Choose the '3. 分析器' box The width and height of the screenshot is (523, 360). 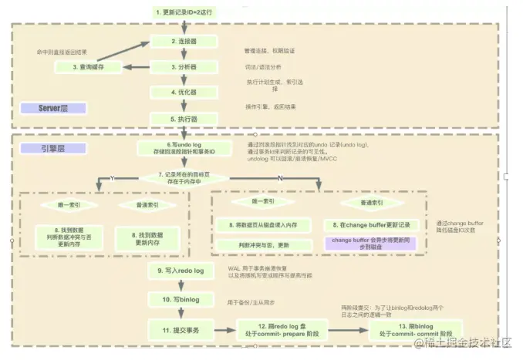point(184,67)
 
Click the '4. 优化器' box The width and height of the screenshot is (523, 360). point(184,93)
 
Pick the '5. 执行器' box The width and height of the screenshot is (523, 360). point(184,119)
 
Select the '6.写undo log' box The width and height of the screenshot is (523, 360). point(184,148)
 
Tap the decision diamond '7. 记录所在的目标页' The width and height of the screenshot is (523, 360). point(184,179)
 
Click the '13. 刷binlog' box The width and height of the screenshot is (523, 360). point(400,329)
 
